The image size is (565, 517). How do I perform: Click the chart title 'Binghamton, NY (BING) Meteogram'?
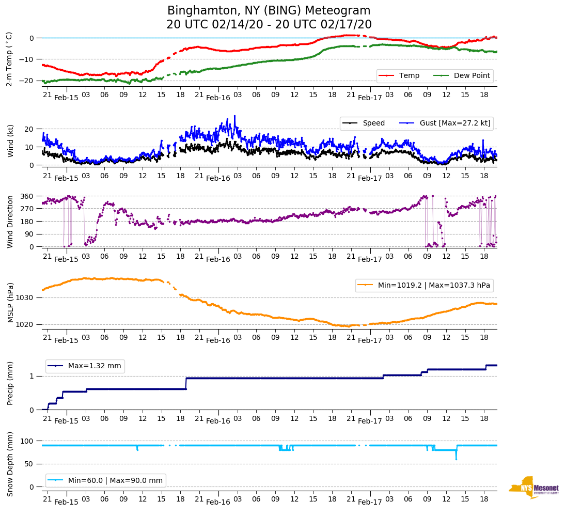coord(269,11)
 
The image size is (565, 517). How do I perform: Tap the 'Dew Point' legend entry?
coord(472,75)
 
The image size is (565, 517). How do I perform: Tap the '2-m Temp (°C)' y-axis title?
coord(9,58)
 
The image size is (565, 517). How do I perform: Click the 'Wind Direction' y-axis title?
coord(10,221)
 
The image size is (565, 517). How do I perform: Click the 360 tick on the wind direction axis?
coord(27,196)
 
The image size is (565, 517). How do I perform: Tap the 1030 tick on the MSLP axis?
coord(25,297)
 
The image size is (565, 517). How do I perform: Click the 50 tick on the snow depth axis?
coord(30,464)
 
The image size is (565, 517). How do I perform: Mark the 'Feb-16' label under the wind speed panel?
coord(218,179)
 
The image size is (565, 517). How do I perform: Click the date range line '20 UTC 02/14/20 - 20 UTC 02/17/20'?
coord(269,25)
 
